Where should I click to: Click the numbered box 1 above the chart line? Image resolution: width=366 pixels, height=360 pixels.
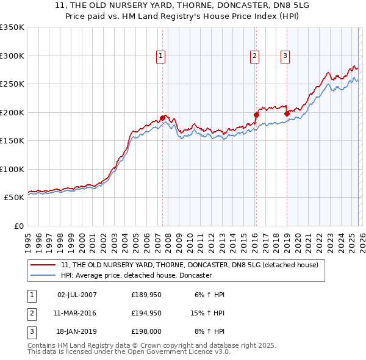(x=160, y=56)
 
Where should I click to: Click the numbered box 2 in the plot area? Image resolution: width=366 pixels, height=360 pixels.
(x=254, y=56)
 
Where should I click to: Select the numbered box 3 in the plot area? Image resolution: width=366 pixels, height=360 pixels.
(x=285, y=56)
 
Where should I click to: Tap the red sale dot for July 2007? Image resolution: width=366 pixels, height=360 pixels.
(x=163, y=118)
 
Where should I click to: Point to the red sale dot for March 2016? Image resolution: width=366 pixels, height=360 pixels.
(x=257, y=114)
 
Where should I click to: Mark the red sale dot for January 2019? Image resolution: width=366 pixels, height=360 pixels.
(x=287, y=113)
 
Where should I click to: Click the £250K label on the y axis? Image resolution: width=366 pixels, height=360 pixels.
(x=12, y=84)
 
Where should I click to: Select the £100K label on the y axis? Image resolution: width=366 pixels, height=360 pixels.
(x=12, y=169)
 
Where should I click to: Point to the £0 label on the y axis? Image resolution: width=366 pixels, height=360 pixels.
(x=17, y=226)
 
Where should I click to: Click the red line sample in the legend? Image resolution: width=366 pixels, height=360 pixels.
(x=43, y=265)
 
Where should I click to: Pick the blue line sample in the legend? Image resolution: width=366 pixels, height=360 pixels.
(x=43, y=275)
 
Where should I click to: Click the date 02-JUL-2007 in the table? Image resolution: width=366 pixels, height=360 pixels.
(x=77, y=295)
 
